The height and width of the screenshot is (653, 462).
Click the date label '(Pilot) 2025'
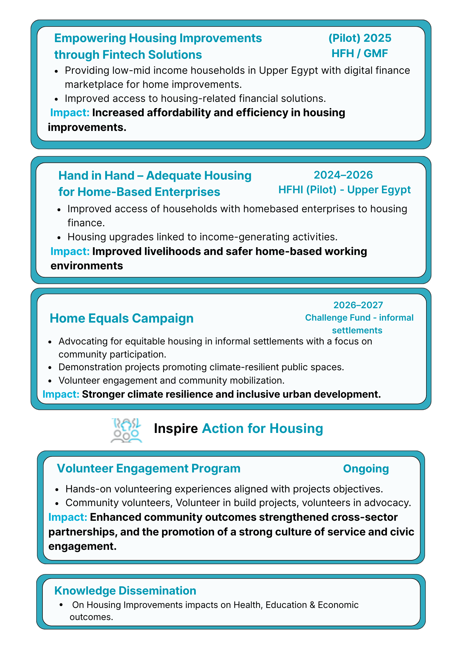[x=360, y=38]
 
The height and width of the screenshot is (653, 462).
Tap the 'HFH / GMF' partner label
[x=360, y=53]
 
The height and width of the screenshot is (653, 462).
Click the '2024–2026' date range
[x=343, y=175]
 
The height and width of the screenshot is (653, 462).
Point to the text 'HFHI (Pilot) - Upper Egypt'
[x=344, y=190]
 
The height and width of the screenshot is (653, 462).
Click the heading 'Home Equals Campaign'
[x=122, y=318]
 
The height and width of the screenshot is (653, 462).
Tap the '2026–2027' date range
[x=358, y=305]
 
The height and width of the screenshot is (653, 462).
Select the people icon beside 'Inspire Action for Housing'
[x=126, y=430]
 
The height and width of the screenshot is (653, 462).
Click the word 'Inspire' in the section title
[x=176, y=428]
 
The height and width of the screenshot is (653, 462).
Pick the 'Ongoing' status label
[x=366, y=469]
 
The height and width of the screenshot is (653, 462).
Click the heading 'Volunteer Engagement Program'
[x=149, y=468]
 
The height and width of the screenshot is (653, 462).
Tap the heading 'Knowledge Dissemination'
[x=125, y=590]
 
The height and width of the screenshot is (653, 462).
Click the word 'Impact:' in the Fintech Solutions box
[x=70, y=113]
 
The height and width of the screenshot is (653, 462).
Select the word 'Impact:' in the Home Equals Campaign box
[x=61, y=394]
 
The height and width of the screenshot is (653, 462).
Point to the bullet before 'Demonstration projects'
[x=50, y=368]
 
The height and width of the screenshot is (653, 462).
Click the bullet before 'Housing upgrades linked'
[x=59, y=237]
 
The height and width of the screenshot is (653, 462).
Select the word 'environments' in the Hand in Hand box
[x=87, y=266]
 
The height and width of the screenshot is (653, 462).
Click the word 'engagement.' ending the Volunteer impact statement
[x=82, y=546]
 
